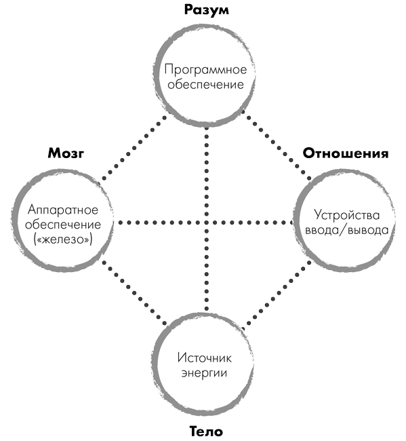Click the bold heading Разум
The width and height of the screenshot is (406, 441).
tap(207, 10)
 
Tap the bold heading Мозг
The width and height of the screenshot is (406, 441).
tap(66, 153)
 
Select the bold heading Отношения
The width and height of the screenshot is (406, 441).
tap(346, 153)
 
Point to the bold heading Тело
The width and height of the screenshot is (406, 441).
tap(206, 431)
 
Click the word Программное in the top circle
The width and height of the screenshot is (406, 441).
tap(205, 69)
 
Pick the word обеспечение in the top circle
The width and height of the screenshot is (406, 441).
tap(205, 84)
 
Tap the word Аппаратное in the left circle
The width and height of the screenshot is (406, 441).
tap(63, 210)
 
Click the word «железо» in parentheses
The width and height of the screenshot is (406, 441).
tap(63, 239)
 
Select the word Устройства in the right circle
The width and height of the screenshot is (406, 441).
tap(347, 215)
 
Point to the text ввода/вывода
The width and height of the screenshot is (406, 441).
tap(347, 230)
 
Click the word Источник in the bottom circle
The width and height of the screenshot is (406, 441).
tap(205, 358)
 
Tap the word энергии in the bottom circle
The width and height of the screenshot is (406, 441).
tap(204, 372)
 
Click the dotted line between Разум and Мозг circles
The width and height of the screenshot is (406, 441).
tap(134, 147)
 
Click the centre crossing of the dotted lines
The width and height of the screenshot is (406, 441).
tap(207, 223)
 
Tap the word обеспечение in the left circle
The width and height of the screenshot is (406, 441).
tap(63, 225)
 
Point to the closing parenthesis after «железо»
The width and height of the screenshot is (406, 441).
tap(91, 239)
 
